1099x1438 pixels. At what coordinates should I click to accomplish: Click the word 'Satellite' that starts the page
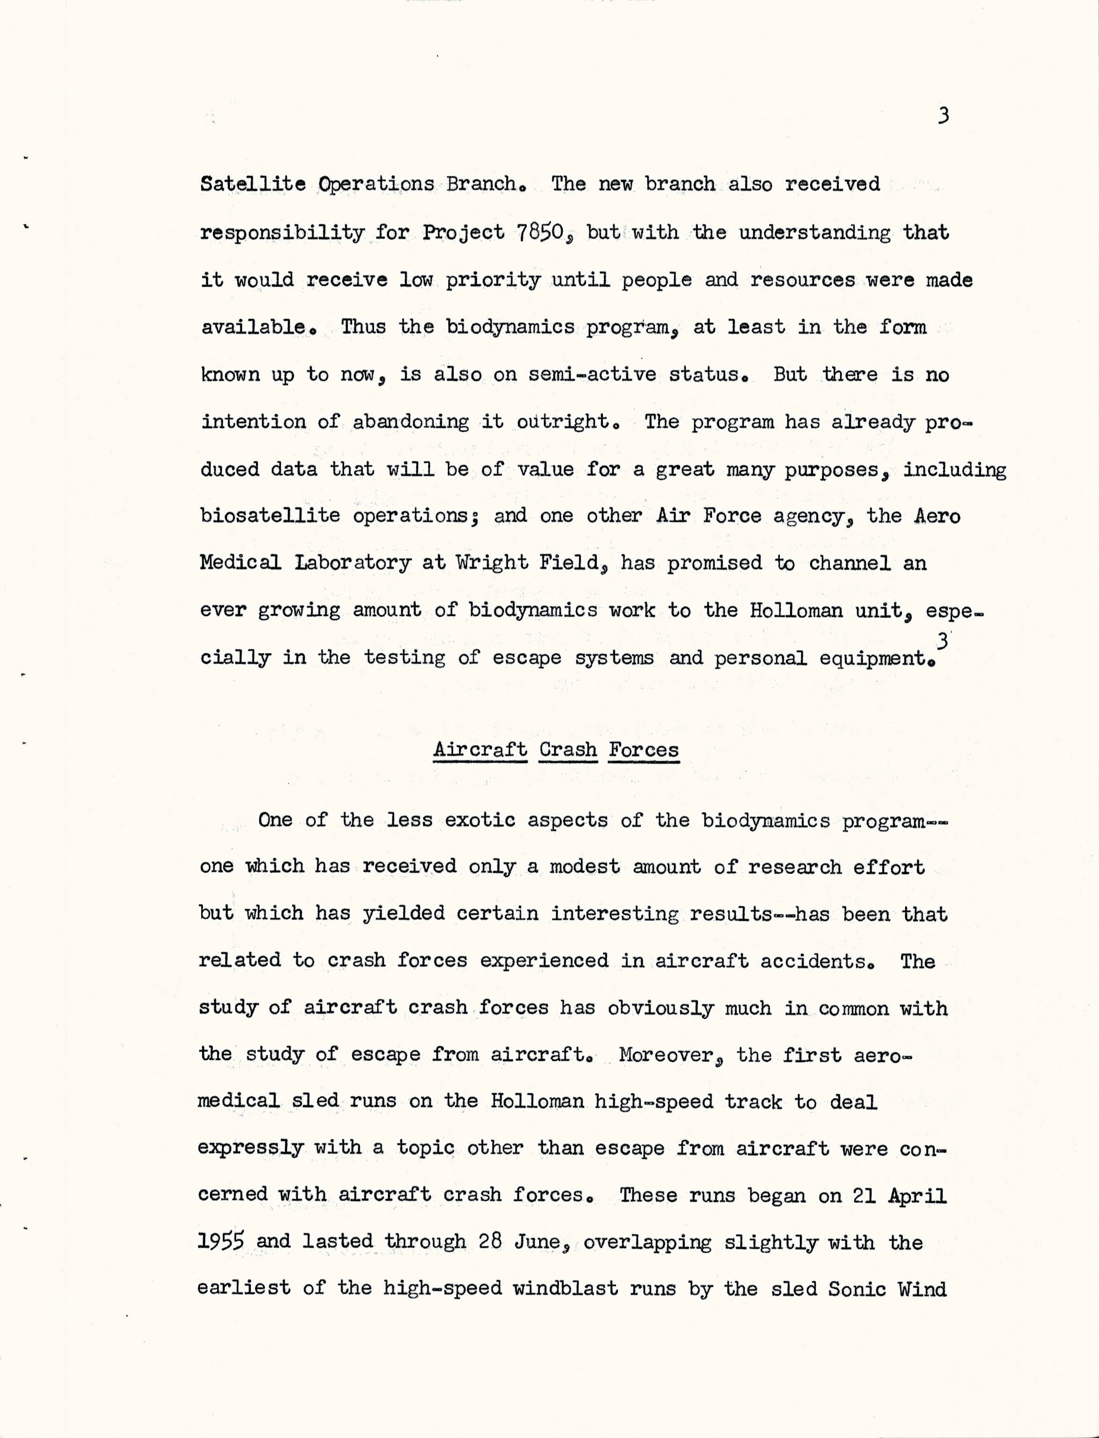point(252,184)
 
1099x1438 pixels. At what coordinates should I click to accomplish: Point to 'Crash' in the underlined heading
point(568,749)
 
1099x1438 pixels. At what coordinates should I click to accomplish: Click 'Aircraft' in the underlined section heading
point(480,749)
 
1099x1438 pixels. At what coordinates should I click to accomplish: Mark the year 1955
point(221,1242)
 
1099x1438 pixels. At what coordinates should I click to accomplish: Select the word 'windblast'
point(565,1289)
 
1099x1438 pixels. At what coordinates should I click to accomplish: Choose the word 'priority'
point(493,281)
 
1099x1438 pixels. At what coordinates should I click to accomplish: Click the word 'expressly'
point(250,1149)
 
